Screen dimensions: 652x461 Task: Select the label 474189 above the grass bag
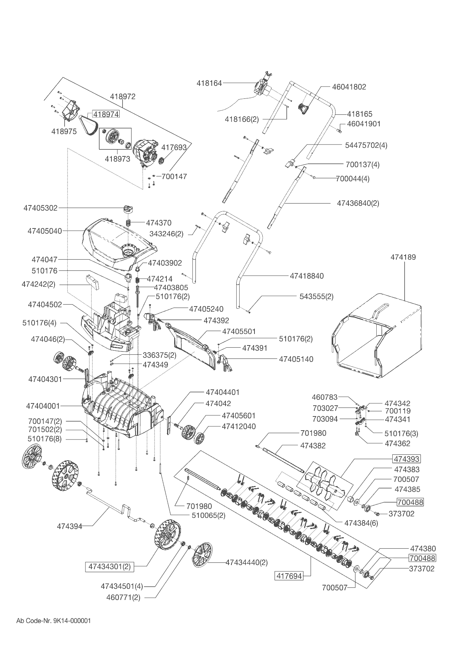(x=403, y=257)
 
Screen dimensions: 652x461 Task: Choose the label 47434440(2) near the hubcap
(x=247, y=562)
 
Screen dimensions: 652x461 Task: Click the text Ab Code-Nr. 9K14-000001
(x=54, y=621)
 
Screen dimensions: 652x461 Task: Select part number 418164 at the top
(x=209, y=83)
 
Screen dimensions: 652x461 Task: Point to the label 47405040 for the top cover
(x=45, y=231)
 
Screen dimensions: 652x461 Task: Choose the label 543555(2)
(x=316, y=296)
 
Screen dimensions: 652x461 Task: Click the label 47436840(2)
(x=358, y=203)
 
